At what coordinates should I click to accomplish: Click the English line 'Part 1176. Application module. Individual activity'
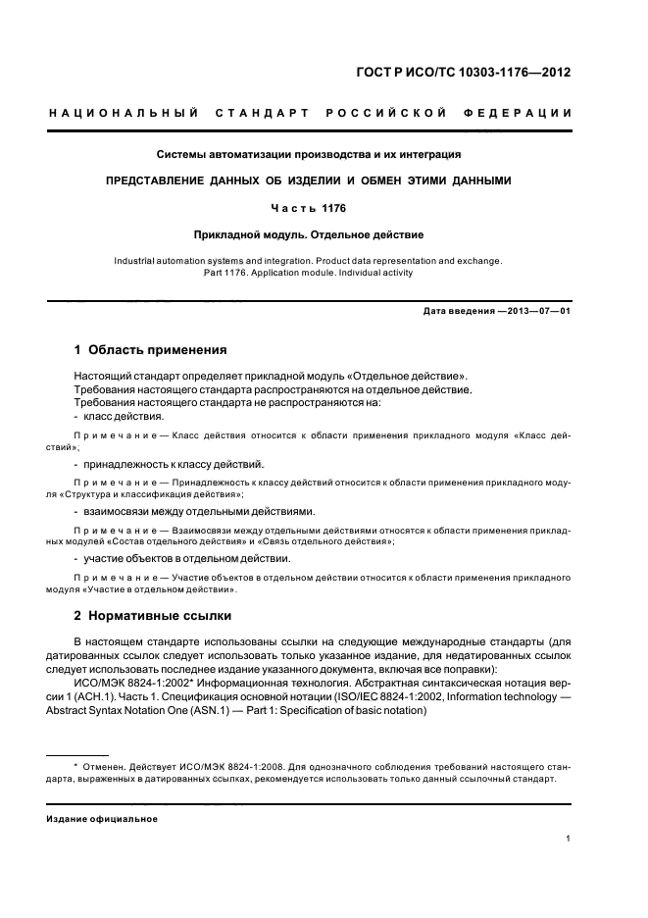tap(308, 273)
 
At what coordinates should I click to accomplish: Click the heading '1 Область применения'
tap(151, 349)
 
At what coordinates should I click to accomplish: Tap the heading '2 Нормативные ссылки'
tap(153, 616)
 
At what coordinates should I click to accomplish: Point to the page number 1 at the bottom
tap(568, 839)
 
